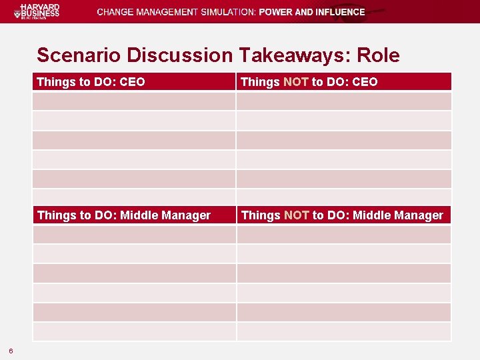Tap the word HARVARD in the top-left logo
[x=40, y=7]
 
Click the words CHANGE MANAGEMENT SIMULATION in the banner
[x=176, y=12]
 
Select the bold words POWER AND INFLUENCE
[x=311, y=12]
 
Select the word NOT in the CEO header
[x=295, y=82]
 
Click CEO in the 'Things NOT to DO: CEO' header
[x=365, y=82]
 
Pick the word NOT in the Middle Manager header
[x=296, y=215]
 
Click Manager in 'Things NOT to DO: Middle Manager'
[x=419, y=215]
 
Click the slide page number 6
[x=11, y=351]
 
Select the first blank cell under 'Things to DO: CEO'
[x=134, y=101]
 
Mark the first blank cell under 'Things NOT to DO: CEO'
[x=343, y=101]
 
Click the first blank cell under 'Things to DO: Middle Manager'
[x=134, y=234]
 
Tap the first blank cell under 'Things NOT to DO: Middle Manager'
[x=343, y=234]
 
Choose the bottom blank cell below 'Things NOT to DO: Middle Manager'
[x=343, y=332]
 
